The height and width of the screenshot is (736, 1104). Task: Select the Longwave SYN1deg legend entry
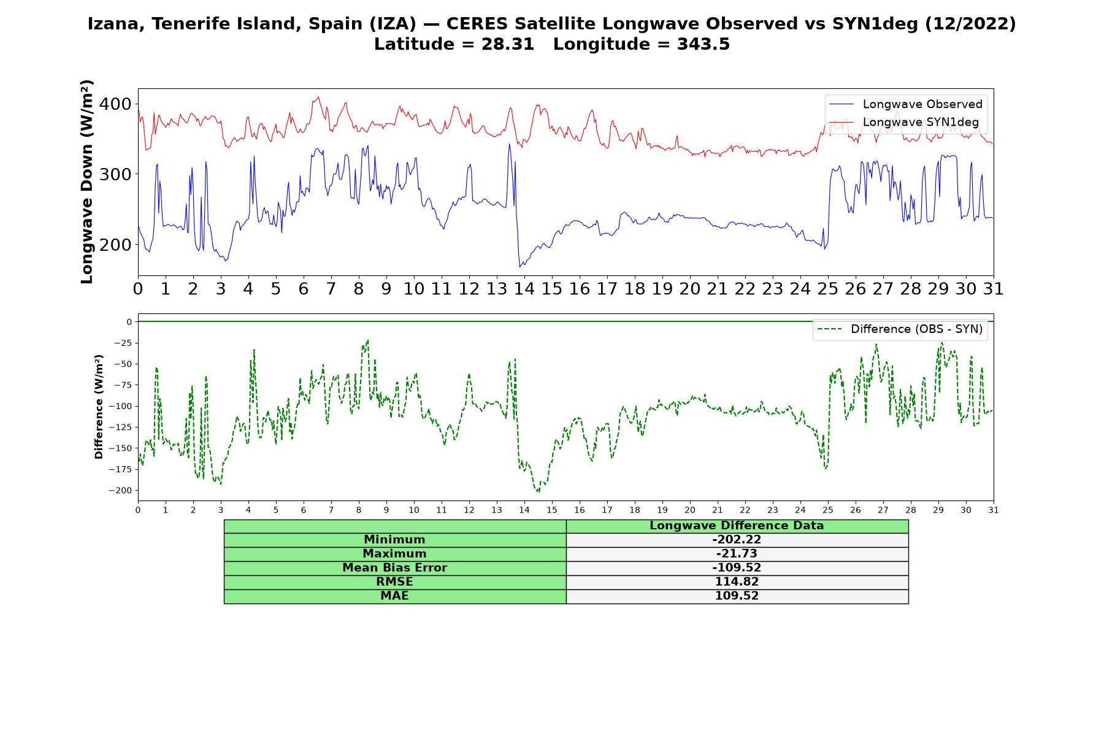(x=904, y=122)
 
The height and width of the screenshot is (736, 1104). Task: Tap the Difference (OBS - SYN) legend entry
(x=900, y=329)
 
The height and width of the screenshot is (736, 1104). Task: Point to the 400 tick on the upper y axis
(x=115, y=104)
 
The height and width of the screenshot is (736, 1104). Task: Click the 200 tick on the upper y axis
(x=115, y=244)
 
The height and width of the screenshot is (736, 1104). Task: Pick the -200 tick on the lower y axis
(x=120, y=490)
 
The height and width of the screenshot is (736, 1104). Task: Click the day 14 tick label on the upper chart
(x=524, y=288)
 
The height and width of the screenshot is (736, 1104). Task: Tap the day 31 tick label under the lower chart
(x=994, y=510)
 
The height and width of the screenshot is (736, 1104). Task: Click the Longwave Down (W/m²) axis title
(x=87, y=182)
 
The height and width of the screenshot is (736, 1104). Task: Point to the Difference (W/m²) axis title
(x=99, y=407)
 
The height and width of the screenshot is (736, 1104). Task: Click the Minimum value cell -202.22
(x=737, y=540)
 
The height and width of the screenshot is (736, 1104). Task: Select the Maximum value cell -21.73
(x=737, y=554)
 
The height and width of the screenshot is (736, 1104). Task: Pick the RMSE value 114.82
(x=737, y=582)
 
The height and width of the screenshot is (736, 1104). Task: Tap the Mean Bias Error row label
(x=394, y=568)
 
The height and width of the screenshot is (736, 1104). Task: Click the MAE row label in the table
(x=394, y=596)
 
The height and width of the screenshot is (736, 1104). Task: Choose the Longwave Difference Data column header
(x=737, y=526)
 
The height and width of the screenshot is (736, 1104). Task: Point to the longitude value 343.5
(x=703, y=44)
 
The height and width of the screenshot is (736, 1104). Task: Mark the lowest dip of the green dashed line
(x=538, y=492)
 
